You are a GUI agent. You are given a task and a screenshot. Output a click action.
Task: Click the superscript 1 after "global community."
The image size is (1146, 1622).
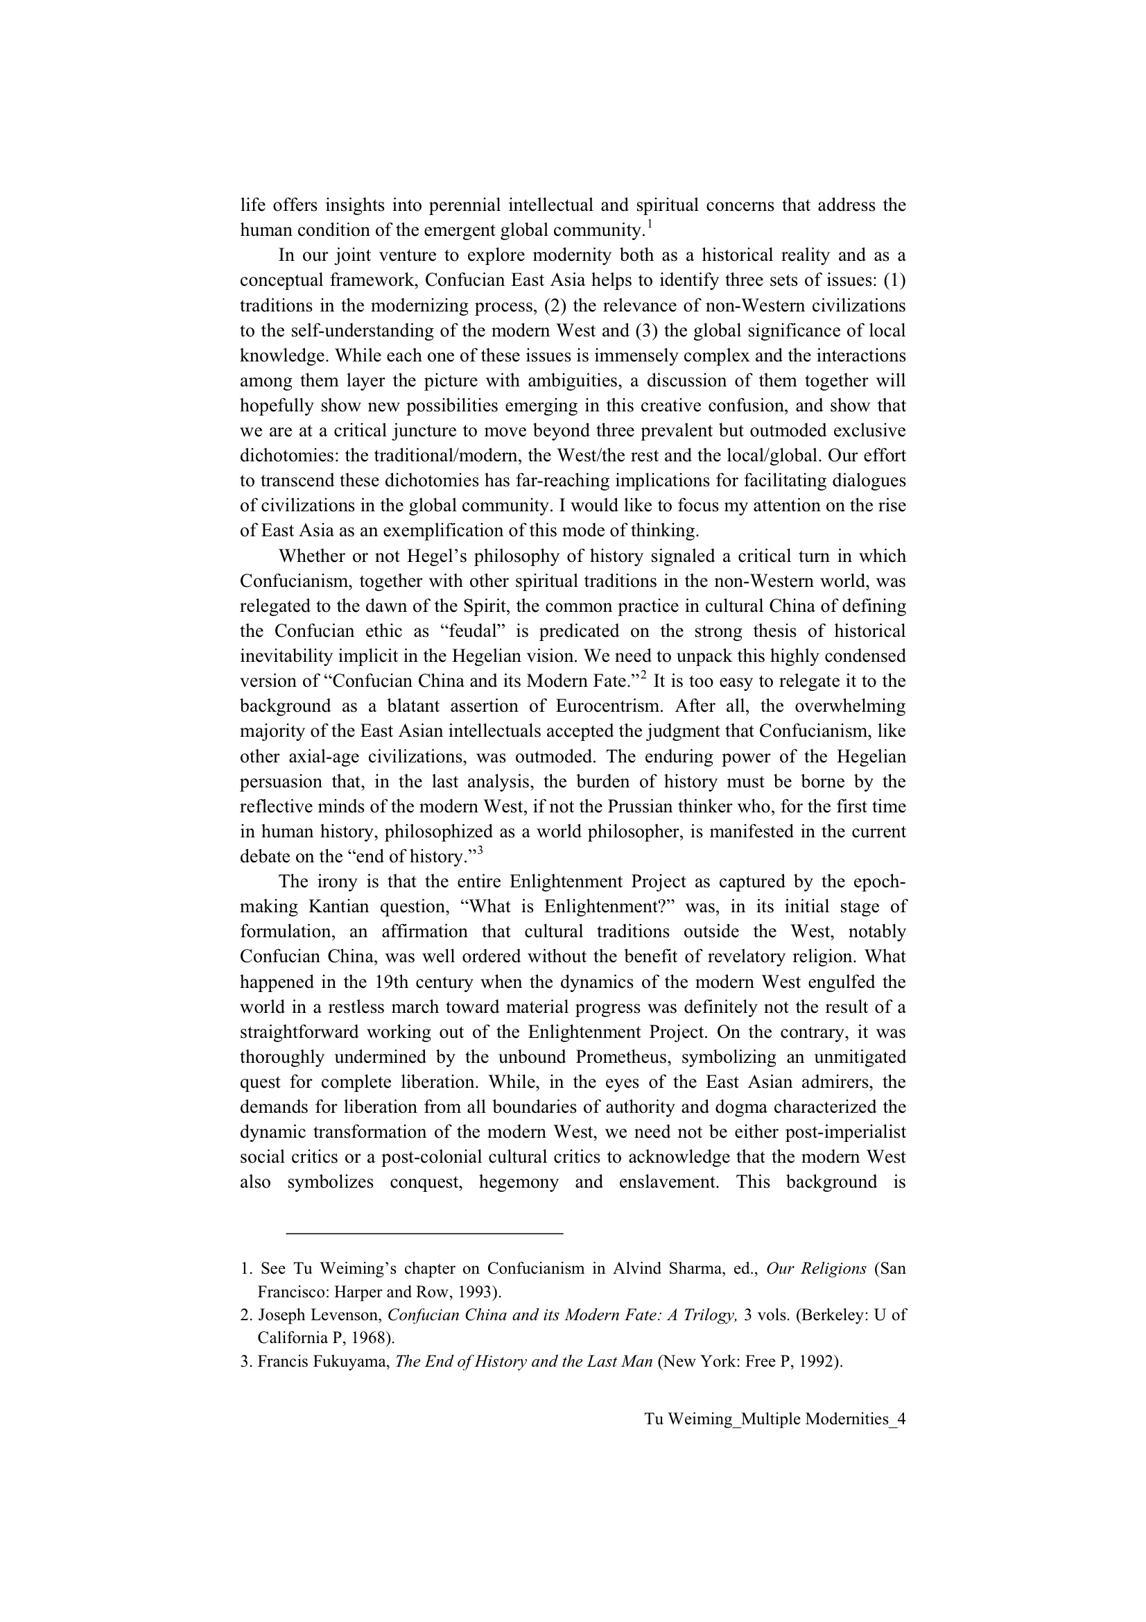click(x=650, y=225)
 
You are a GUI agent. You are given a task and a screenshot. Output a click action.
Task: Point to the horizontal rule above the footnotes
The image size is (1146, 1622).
click(x=424, y=1233)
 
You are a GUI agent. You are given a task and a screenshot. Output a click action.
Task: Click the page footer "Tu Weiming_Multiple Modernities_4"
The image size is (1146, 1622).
click(x=774, y=1419)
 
